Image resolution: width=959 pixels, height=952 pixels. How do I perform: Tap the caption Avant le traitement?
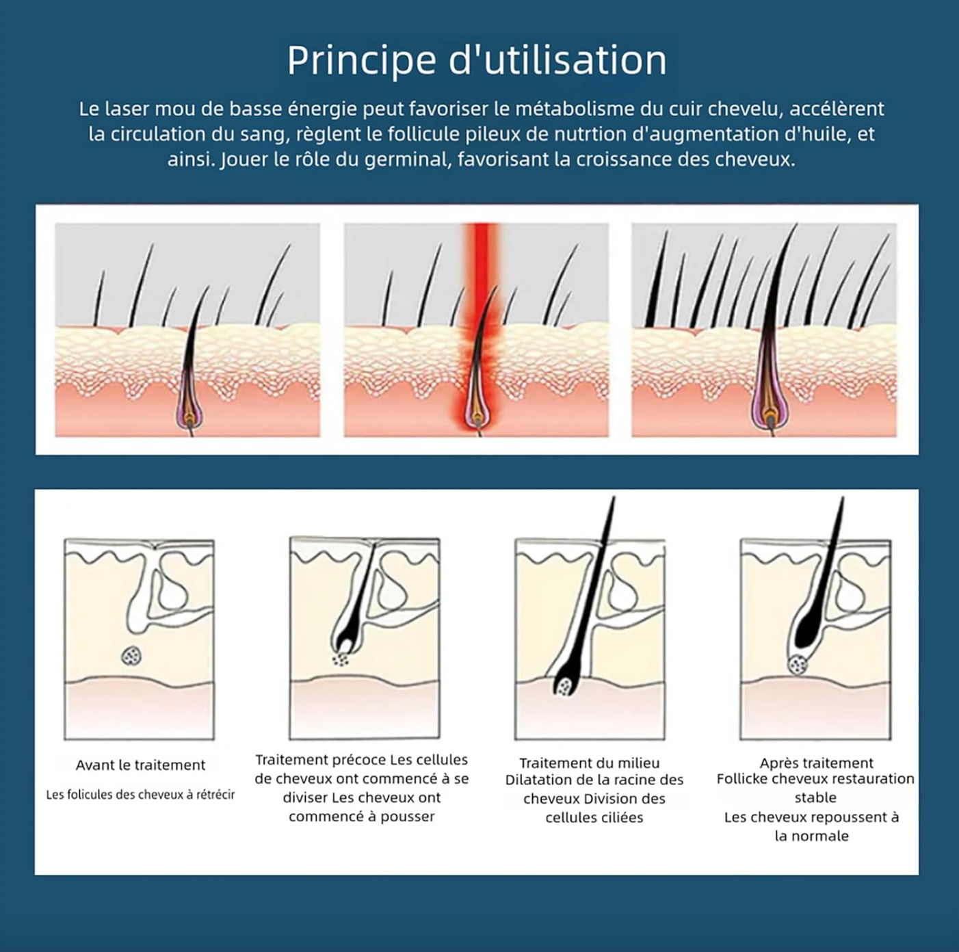[140, 765]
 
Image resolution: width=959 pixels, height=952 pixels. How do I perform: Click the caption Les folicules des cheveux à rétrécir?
[140, 795]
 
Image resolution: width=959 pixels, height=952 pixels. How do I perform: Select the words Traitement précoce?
[321, 760]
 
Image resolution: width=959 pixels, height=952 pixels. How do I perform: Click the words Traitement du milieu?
[589, 763]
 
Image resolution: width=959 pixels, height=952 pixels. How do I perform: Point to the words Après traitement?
[816, 763]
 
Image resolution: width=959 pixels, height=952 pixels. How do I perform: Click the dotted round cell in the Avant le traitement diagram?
[131, 656]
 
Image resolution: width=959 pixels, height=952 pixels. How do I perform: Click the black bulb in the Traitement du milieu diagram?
[564, 685]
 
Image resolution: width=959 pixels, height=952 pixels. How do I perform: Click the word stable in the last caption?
[815, 797]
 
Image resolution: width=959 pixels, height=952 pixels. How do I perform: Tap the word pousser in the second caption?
[408, 817]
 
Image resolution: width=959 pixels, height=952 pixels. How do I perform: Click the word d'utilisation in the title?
[558, 60]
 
